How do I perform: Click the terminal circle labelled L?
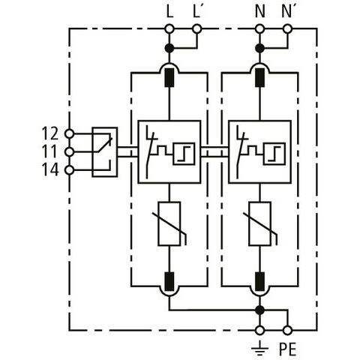coord(169,29)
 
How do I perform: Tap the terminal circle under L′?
coord(197,29)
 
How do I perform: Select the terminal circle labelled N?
coord(260,29)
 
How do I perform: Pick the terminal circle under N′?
coord(287,29)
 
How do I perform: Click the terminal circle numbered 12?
coord(69,133)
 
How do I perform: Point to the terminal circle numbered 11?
coord(69,151)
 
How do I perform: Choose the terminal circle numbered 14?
coord(69,170)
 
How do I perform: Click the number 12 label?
coord(50,133)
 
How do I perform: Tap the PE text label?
coord(287,349)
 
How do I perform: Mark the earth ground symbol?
coord(260,347)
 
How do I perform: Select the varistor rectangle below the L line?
coord(169,223)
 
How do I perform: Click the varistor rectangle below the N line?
coord(260,223)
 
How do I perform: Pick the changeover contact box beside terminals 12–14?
coord(105,152)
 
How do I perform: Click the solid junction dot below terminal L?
coord(169,48)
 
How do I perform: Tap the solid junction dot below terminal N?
coord(260,48)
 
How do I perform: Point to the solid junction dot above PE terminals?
coord(260,310)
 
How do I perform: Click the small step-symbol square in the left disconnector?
coord(184,154)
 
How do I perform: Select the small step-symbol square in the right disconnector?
coord(274,154)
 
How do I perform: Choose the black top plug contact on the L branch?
coord(169,77)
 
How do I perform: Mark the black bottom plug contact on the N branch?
coord(260,281)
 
